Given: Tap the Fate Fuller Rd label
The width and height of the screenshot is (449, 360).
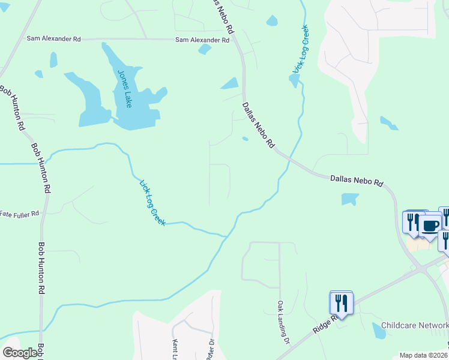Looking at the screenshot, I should [19, 213].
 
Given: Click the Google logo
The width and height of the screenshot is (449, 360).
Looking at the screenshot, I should [20, 353].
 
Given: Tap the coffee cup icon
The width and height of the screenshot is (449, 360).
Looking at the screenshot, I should [430, 226].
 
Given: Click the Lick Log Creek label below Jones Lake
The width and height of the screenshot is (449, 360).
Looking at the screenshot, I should [152, 203].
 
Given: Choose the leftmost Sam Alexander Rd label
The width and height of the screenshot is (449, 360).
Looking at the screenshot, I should [53, 38].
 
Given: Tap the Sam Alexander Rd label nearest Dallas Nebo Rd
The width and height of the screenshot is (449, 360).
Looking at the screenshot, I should [202, 40].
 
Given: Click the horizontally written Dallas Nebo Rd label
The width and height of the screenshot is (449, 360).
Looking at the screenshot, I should [357, 179].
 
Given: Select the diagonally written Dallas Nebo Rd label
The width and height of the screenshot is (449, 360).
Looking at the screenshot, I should [258, 125].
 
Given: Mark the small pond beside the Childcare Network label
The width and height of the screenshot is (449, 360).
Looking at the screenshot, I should [379, 329].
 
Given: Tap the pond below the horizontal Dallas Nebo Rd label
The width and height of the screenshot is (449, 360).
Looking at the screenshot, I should [349, 199].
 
